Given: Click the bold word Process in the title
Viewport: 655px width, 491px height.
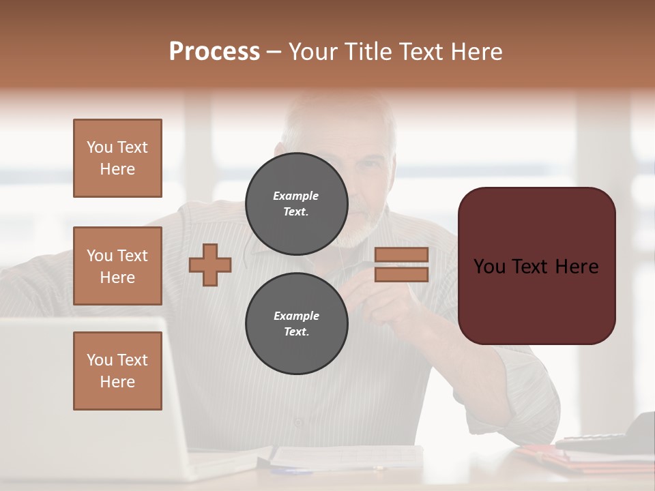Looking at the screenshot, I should tap(214, 52).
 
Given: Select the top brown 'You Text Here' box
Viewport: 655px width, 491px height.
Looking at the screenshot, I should tap(117, 158).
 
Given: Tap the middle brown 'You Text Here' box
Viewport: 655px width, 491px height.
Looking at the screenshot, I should tap(117, 266).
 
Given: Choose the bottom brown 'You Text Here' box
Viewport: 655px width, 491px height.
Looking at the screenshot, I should tap(117, 371).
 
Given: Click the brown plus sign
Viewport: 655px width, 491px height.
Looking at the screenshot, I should tap(210, 264).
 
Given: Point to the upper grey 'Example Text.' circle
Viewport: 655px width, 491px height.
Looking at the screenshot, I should tap(297, 204).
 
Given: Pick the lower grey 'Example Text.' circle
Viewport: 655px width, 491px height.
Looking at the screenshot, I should tap(297, 324).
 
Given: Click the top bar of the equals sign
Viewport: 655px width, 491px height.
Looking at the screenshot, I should tap(401, 255).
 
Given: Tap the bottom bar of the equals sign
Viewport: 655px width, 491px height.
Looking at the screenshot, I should tap(401, 274).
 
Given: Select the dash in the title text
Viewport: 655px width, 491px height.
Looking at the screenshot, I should tap(274, 52).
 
